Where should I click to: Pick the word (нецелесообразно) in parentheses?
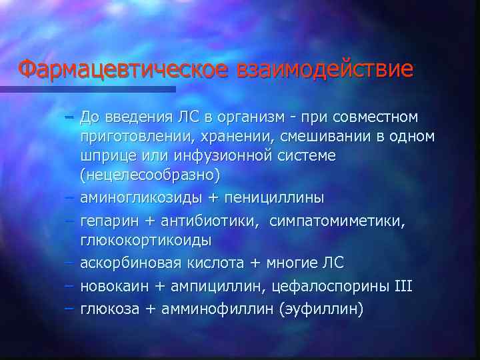pyautogui.click(x=149, y=175)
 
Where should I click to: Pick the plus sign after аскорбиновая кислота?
pyautogui.click(x=256, y=263)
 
